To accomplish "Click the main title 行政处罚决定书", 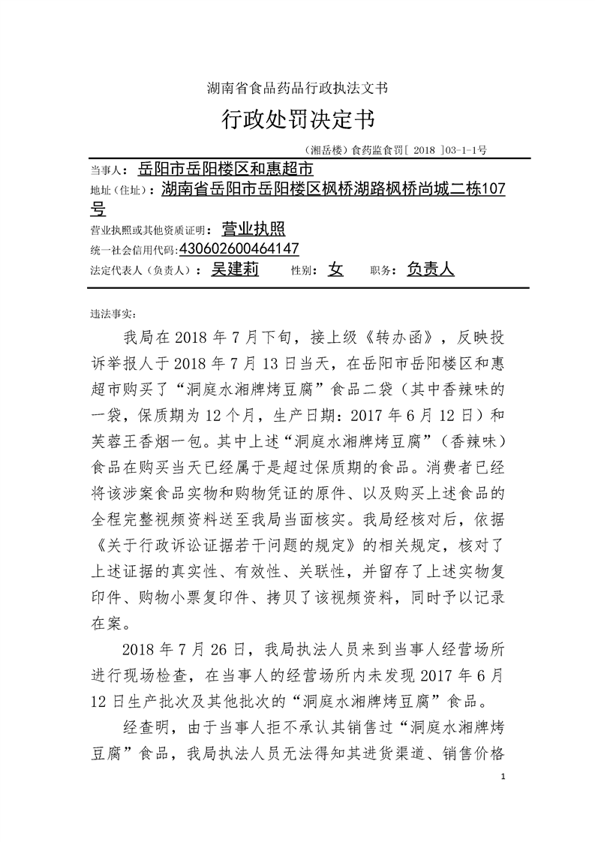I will click(x=297, y=119).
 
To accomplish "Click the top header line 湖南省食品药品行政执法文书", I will click(x=297, y=89).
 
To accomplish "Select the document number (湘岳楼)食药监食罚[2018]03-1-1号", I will click(x=397, y=150).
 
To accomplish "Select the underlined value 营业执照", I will click(x=254, y=229).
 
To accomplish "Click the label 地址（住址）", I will click(x=125, y=191).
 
